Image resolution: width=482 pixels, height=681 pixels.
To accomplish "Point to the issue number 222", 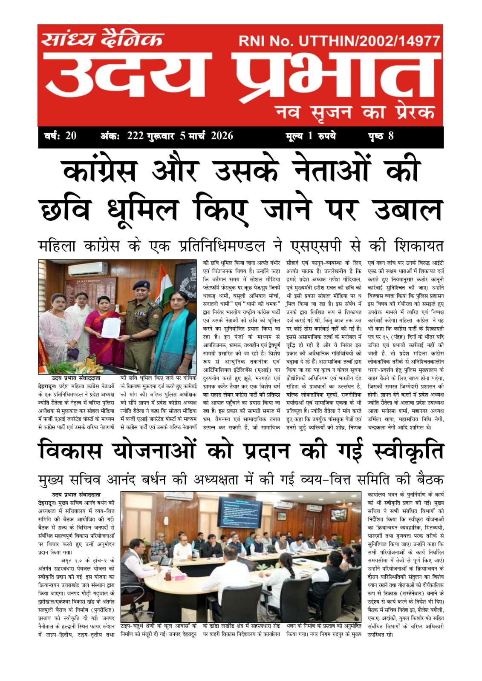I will click(x=135, y=136).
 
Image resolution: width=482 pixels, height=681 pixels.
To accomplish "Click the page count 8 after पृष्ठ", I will click(x=390, y=136).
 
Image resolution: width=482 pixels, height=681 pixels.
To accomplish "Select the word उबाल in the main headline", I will click(x=407, y=210).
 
